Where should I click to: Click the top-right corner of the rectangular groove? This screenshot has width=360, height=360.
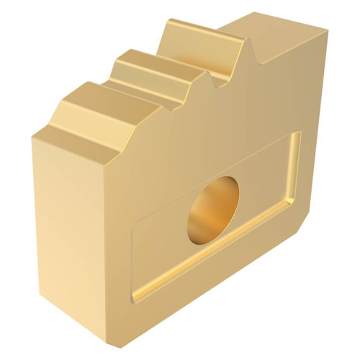click(x=297, y=133)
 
